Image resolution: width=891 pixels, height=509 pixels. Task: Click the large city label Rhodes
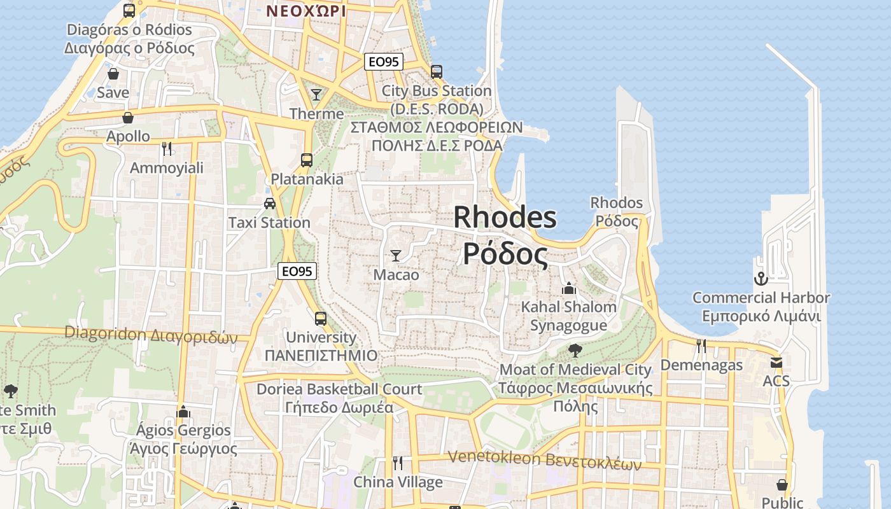pyautogui.click(x=505, y=218)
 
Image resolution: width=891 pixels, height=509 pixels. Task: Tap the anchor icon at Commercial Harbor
pyautogui.click(x=761, y=279)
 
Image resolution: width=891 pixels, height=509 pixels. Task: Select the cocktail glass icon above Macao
pyautogui.click(x=396, y=256)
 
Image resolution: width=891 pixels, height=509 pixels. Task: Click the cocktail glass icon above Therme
pyautogui.click(x=316, y=95)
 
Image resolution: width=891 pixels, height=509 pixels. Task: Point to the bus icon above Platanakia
pyautogui.click(x=307, y=160)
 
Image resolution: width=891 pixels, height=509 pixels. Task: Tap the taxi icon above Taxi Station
pyautogui.click(x=270, y=204)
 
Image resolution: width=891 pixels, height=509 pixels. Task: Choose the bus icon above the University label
pyautogui.click(x=321, y=318)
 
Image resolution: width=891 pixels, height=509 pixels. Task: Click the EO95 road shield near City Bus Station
pyautogui.click(x=384, y=62)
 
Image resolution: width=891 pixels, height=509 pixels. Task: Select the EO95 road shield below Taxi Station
pyautogui.click(x=297, y=271)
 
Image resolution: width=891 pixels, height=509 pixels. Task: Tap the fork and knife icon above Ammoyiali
pyautogui.click(x=167, y=148)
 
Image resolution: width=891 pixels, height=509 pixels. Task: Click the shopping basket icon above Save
pyautogui.click(x=113, y=74)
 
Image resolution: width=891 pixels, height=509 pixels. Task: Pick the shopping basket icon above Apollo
pyautogui.click(x=128, y=118)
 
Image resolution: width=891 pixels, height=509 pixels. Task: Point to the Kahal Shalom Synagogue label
pyautogui.click(x=568, y=316)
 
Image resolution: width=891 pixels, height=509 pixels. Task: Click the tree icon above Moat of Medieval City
pyautogui.click(x=575, y=349)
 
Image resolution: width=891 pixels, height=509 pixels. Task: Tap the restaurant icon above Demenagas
pyautogui.click(x=701, y=345)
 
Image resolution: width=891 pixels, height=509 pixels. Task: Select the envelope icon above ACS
pyautogui.click(x=776, y=362)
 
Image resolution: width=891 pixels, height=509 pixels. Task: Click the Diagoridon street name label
pyautogui.click(x=151, y=334)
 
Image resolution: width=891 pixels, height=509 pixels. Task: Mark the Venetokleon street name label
pyautogui.click(x=544, y=459)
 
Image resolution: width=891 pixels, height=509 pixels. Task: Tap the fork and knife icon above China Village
pyautogui.click(x=398, y=463)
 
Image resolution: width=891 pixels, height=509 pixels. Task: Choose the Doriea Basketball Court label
pyautogui.click(x=339, y=389)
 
